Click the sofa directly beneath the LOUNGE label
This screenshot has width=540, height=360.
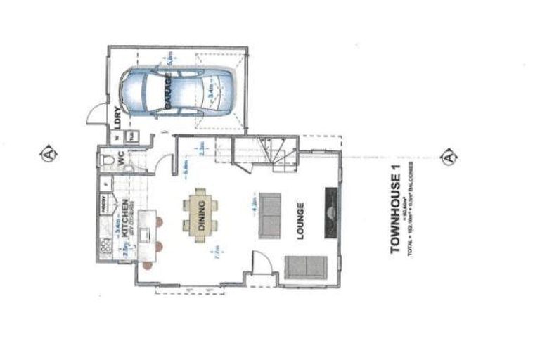click(305, 266)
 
